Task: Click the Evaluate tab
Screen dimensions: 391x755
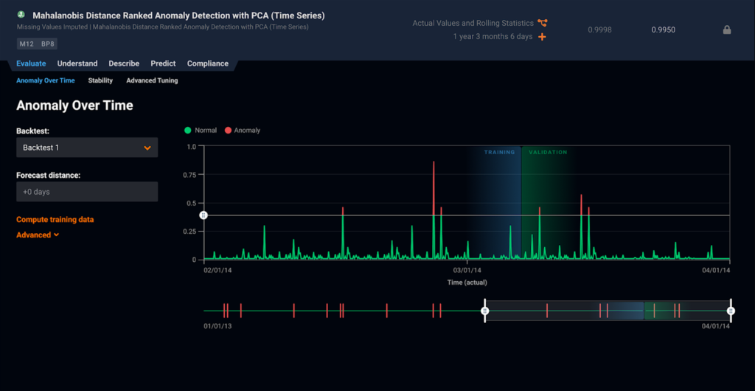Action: point(31,63)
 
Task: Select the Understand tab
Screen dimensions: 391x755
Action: point(77,63)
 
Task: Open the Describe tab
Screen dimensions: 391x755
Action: point(124,63)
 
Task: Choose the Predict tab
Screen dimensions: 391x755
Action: point(163,63)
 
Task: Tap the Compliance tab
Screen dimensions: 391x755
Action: point(207,63)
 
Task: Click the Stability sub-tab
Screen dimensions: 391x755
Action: point(100,80)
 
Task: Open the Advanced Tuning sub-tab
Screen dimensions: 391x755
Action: point(152,80)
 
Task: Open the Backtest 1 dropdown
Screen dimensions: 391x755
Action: point(87,148)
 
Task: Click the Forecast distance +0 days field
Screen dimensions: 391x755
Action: point(87,192)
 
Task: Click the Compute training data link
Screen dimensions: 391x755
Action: point(55,219)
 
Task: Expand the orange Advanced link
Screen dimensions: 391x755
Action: point(37,235)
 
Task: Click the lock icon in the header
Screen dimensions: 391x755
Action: point(727,30)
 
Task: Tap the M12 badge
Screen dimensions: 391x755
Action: point(27,44)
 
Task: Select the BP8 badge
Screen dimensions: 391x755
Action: point(48,44)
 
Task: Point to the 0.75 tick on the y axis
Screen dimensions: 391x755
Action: point(190,175)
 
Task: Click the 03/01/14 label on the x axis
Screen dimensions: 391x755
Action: point(467,271)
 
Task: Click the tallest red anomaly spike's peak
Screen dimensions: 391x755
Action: point(434,162)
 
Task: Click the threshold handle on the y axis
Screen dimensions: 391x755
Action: point(204,215)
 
